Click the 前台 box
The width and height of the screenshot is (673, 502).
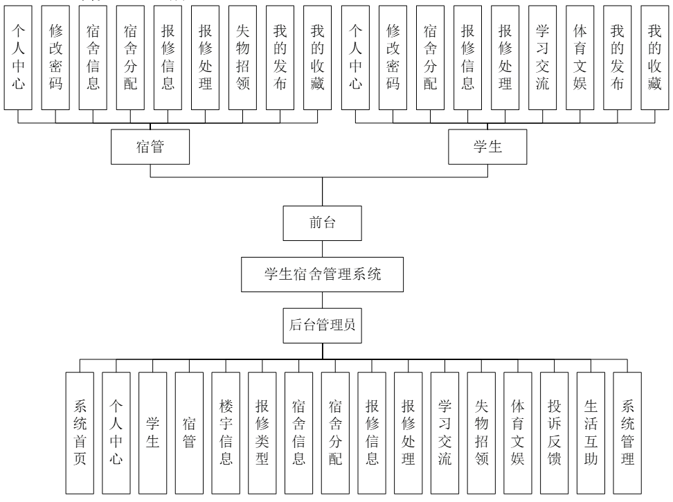[323, 222]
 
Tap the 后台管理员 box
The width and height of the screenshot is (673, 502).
[322, 324]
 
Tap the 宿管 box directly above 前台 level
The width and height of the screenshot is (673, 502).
[151, 147]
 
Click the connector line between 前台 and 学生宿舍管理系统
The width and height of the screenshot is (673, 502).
[323, 248]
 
